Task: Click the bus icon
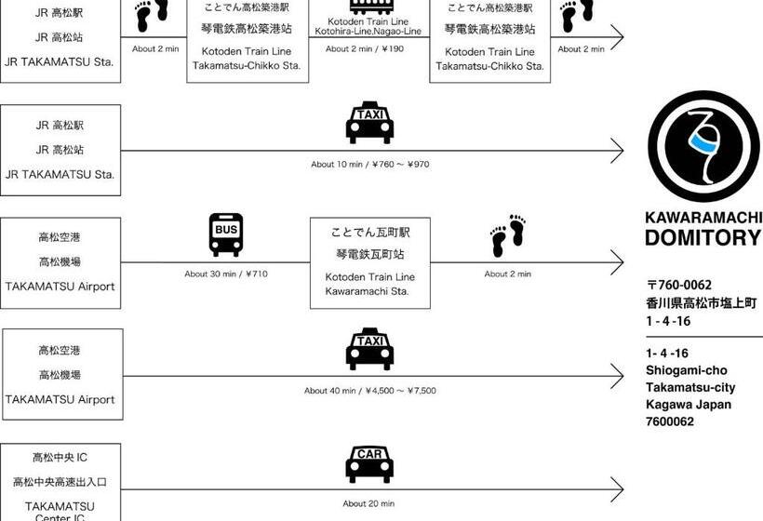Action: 226,234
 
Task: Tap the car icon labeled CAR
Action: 369,464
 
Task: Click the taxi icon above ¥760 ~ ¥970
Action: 369,123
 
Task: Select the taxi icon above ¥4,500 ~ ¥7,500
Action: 369,349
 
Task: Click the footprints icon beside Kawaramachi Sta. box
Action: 508,236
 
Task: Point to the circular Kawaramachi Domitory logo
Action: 703,146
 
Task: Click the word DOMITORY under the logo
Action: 703,237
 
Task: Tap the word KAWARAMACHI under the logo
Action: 703,218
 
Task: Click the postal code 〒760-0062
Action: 679,285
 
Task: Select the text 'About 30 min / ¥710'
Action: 226,274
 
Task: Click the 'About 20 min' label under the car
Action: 368,503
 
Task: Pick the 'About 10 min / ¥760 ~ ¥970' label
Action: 369,165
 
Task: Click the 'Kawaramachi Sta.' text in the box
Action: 369,291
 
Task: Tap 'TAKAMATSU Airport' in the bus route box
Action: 60,287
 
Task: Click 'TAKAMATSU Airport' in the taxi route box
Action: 60,399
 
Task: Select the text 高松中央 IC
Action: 60,458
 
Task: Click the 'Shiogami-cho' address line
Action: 684,370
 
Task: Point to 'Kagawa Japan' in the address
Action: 689,405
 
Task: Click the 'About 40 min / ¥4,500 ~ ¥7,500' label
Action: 369,391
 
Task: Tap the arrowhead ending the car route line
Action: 617,489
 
